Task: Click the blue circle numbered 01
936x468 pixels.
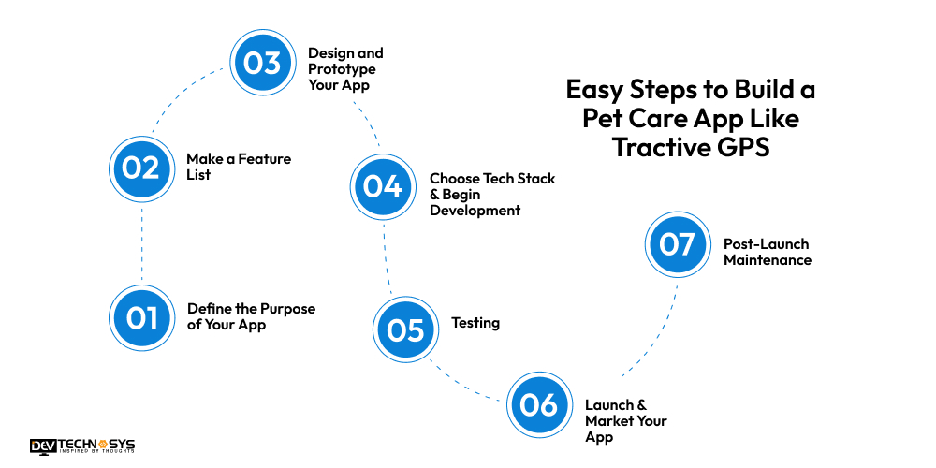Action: pos(142,317)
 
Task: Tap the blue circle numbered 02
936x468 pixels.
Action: pos(141,168)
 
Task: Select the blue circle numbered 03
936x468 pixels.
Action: pos(263,63)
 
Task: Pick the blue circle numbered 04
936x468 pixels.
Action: pos(383,186)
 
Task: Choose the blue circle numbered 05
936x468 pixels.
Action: pos(405,329)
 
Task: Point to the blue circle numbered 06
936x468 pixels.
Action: pos(539,405)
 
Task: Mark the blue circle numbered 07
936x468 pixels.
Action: pos(677,244)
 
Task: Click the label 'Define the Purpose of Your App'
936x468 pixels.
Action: pos(251,317)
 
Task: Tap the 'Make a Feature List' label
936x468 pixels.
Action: pos(238,167)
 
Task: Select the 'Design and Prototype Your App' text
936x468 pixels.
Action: pos(345,68)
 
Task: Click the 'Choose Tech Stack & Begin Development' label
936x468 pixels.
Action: pos(491,195)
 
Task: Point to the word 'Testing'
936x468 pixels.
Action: pos(475,323)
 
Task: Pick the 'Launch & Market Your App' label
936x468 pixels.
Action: pos(625,420)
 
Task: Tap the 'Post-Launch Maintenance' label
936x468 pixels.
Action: pos(767,252)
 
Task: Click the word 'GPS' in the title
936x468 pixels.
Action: pos(745,147)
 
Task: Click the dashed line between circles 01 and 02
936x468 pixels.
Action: pos(141,243)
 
